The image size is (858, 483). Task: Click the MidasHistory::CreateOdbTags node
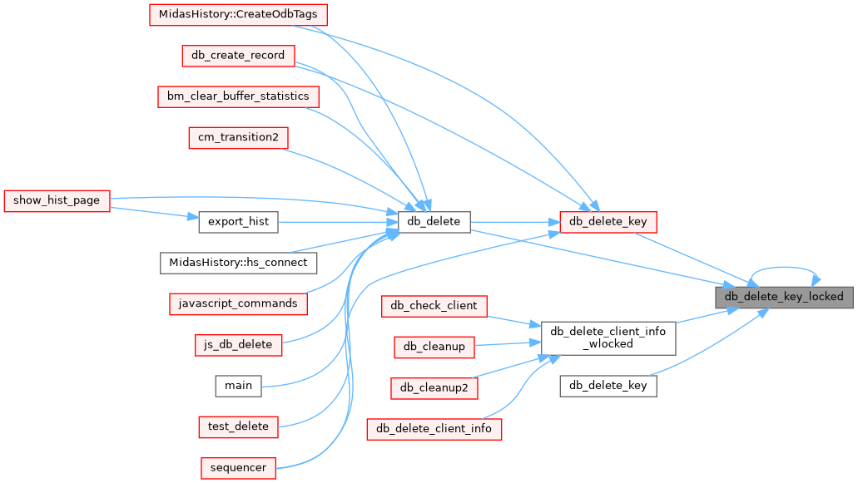pyautogui.click(x=238, y=15)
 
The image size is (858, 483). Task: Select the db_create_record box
pyautogui.click(x=238, y=56)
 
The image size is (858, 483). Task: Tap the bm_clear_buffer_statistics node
pyautogui.click(x=238, y=96)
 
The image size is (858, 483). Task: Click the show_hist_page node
pyautogui.click(x=57, y=200)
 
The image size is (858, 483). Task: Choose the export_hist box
pyautogui.click(x=238, y=222)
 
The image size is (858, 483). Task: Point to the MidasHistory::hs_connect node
pyautogui.click(x=238, y=263)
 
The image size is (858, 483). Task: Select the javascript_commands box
pyautogui.click(x=238, y=303)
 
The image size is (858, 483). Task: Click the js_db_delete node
pyautogui.click(x=238, y=344)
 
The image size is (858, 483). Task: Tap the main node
pyautogui.click(x=238, y=385)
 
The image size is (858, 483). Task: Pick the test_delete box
pyautogui.click(x=238, y=426)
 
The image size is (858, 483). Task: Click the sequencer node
pyautogui.click(x=238, y=467)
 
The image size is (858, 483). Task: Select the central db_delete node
pyautogui.click(x=434, y=222)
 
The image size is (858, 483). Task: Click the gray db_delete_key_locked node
pyautogui.click(x=784, y=297)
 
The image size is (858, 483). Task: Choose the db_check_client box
pyautogui.click(x=434, y=306)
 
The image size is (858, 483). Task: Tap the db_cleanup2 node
pyautogui.click(x=434, y=387)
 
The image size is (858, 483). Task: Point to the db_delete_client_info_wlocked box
pyautogui.click(x=608, y=338)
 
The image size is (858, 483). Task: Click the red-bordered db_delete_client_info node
pyautogui.click(x=434, y=429)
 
